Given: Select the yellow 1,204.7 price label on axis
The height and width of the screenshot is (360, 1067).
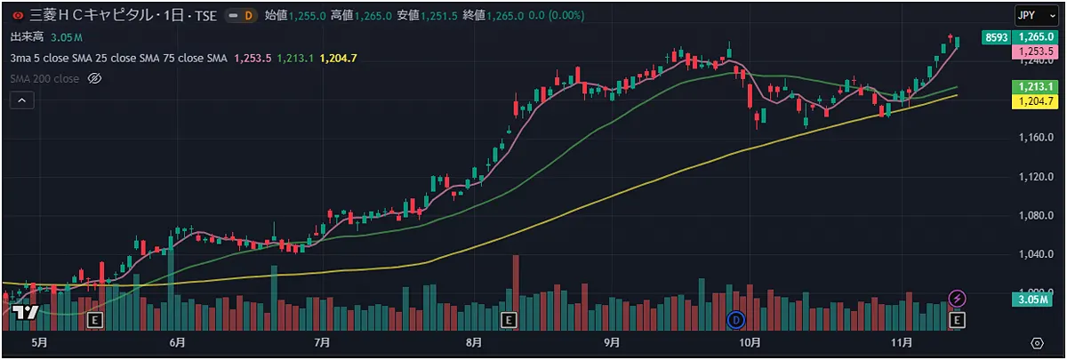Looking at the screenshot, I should (x=1037, y=102).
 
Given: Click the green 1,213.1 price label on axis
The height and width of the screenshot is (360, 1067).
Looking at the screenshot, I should (x=1037, y=87).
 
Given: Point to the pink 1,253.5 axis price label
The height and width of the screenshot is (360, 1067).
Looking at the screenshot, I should (x=1037, y=52).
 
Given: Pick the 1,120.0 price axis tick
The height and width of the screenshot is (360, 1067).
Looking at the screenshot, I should (x=1037, y=178).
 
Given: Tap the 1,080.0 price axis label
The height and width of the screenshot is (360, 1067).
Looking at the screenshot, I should (x=1037, y=216).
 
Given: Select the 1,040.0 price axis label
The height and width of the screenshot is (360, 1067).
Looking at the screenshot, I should (x=1037, y=255).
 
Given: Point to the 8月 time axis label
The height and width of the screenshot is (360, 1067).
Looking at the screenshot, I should (x=473, y=342).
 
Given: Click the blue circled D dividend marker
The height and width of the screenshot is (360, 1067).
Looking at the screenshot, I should (x=735, y=319).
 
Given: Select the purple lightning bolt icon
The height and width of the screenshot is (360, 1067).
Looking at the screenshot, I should (x=958, y=298).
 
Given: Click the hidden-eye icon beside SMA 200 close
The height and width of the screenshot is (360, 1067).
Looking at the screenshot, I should (x=96, y=78).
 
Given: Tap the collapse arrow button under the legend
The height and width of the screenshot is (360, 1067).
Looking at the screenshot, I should (x=21, y=100).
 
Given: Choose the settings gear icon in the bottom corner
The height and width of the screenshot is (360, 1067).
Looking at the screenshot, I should (x=1037, y=342).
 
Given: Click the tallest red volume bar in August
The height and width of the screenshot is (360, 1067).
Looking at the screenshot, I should (x=515, y=284).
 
